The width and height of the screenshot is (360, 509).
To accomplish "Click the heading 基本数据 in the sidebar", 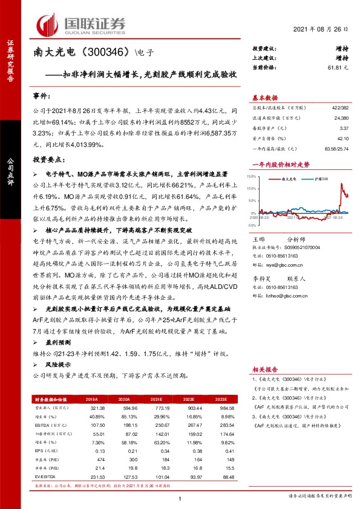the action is coord(264,97).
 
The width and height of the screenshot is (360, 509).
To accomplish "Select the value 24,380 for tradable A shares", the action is coord(340,118).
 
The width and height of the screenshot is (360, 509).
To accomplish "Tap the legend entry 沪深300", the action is coord(320,180).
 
